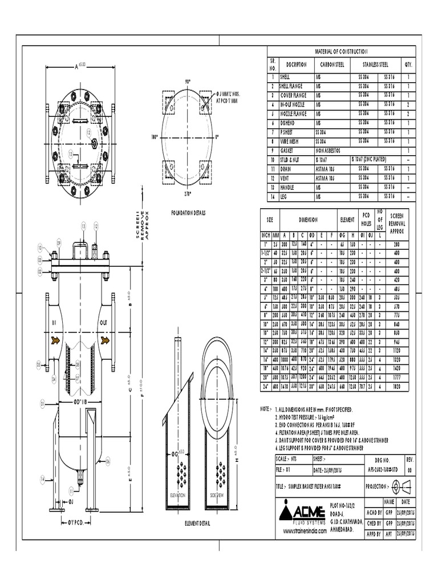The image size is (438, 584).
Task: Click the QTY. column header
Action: click(408, 64)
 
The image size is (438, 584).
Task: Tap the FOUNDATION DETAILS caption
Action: click(188, 213)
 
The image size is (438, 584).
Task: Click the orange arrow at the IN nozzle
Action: click(55, 340)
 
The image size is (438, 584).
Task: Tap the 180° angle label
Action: click(153, 137)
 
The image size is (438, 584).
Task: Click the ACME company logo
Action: click(303, 509)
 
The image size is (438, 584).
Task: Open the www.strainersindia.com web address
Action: click(305, 530)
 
